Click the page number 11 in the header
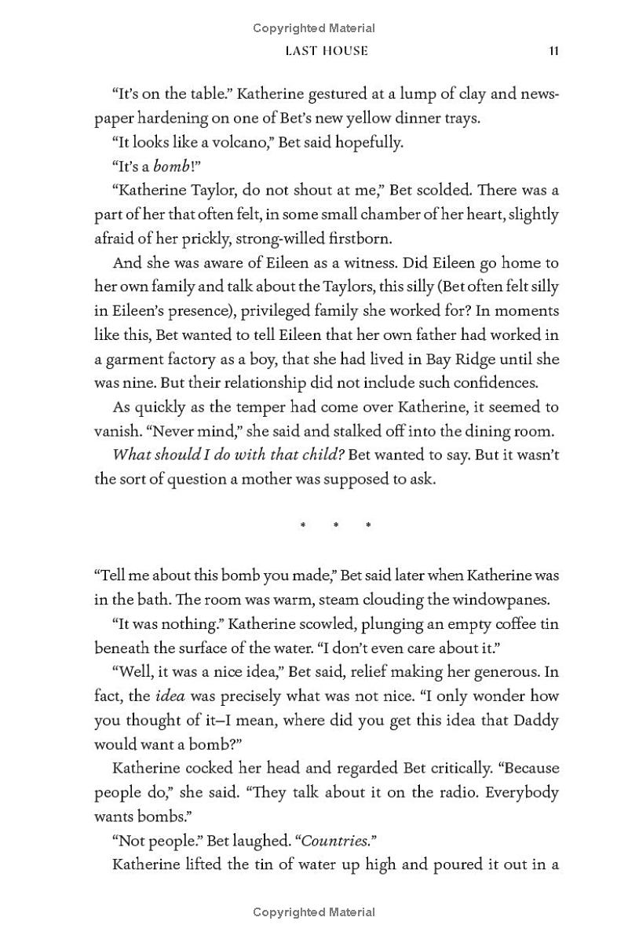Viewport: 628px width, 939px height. [553, 51]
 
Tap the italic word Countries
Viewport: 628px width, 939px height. [335, 840]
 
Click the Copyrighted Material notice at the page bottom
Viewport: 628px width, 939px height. [314, 912]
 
